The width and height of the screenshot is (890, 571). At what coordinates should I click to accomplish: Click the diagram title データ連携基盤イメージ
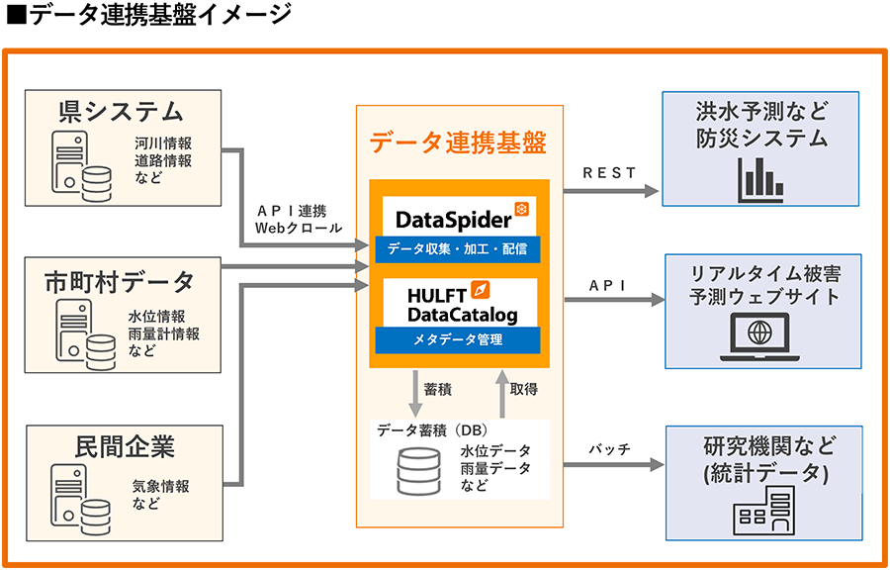[x=148, y=16]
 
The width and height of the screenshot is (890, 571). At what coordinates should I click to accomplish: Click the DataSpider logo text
[x=454, y=218]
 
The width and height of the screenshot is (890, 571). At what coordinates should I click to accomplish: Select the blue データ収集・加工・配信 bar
[x=458, y=248]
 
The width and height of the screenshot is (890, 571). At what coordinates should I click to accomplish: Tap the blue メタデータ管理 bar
[x=458, y=340]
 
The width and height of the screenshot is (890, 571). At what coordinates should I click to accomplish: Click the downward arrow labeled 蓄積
[x=415, y=389]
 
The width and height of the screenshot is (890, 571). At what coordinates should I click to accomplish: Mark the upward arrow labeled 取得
[x=501, y=389]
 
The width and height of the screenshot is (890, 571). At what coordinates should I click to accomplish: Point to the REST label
[x=609, y=173]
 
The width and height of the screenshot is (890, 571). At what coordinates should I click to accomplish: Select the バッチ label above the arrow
[x=609, y=448]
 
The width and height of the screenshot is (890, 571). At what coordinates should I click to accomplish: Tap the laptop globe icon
[x=759, y=333]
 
